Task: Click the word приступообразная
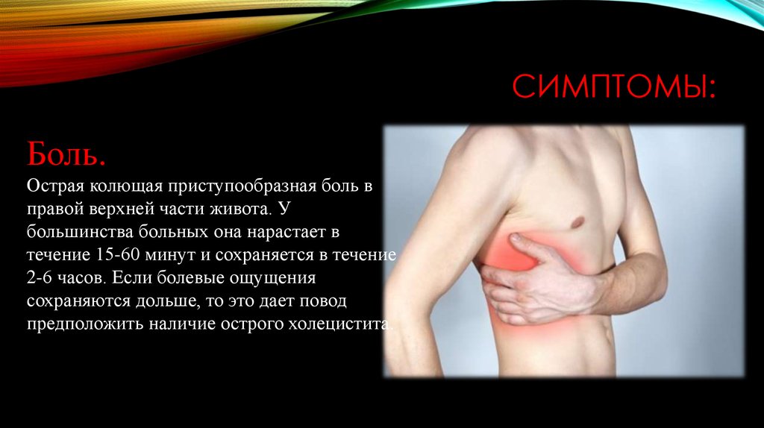[x=245, y=183]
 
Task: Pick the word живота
[x=237, y=207]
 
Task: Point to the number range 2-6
[x=43, y=277]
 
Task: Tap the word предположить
[x=79, y=325]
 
